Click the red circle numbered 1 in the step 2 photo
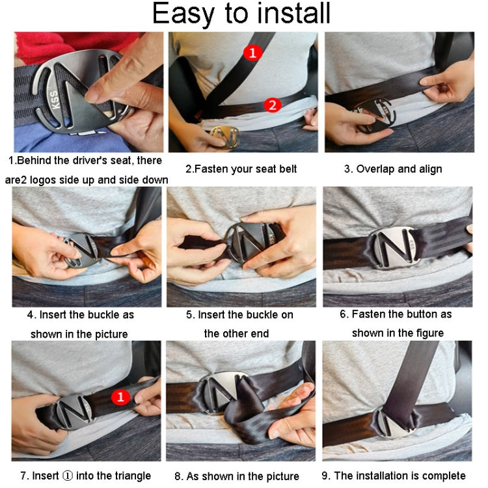(x=253, y=53)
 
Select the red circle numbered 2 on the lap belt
(x=273, y=104)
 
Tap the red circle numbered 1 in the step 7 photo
(x=121, y=396)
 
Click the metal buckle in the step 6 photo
(x=393, y=249)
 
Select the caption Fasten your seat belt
(x=241, y=169)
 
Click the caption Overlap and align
(x=393, y=169)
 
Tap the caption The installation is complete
(x=394, y=476)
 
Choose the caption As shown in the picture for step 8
(x=237, y=476)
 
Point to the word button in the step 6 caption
(x=419, y=314)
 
